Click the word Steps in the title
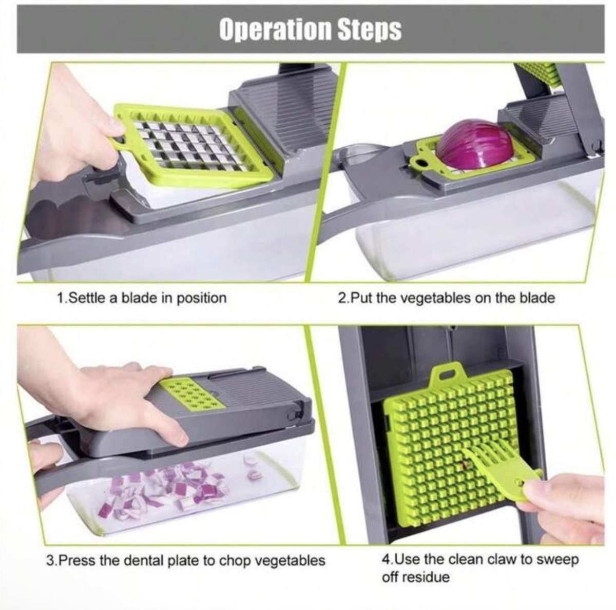(370, 29)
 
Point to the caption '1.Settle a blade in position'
(141, 298)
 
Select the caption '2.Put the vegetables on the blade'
(446, 298)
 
